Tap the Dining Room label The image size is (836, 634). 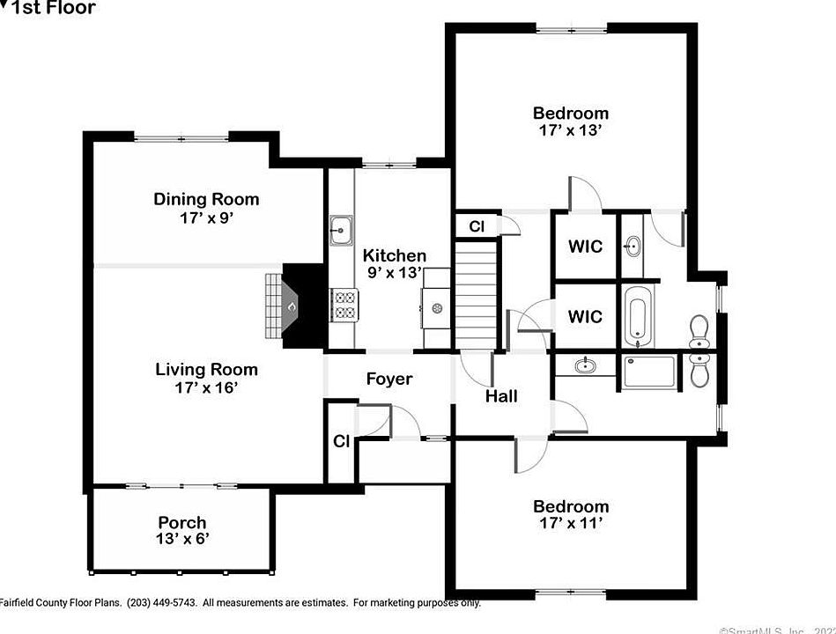click(x=206, y=199)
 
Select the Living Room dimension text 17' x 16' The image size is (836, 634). click(x=206, y=387)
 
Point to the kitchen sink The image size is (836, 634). click(x=340, y=230)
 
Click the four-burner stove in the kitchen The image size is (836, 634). click(x=343, y=305)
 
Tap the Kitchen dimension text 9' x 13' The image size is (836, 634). click(x=394, y=273)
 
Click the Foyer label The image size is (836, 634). click(x=388, y=379)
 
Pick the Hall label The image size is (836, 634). click(x=501, y=396)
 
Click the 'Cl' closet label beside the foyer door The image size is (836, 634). click(x=341, y=441)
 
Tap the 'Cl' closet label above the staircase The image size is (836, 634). click(x=476, y=226)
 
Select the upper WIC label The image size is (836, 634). click(x=585, y=246)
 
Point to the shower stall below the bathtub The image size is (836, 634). click(x=649, y=371)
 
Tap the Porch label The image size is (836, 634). click(x=182, y=522)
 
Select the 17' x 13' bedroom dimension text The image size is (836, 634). click(x=570, y=130)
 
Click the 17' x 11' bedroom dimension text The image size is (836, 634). click(x=570, y=523)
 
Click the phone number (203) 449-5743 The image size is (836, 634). click(x=162, y=603)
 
